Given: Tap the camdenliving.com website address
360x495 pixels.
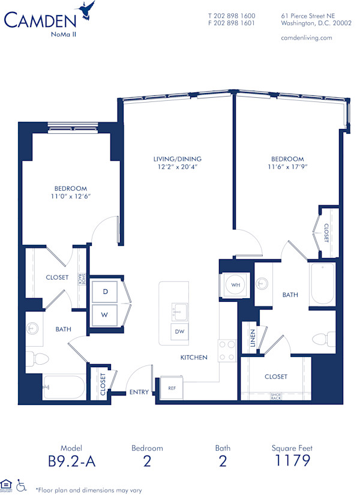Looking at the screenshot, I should tap(306, 38).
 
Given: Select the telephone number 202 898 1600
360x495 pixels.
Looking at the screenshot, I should tap(232, 16).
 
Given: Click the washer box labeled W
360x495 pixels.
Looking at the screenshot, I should tap(105, 314).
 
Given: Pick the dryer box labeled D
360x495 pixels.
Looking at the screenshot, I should tap(105, 292).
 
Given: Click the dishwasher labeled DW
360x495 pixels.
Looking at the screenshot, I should tap(179, 331).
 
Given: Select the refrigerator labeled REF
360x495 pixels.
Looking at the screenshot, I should tap(171, 388).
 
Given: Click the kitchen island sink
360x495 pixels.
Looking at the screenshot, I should tap(178, 312).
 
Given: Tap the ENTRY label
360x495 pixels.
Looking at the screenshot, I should tap(139, 392).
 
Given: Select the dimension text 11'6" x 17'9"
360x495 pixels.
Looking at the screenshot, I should tap(288, 167).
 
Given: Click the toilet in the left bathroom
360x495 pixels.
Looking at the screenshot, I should tap(41, 360).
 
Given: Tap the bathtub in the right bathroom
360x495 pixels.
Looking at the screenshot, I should tap(322, 284).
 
